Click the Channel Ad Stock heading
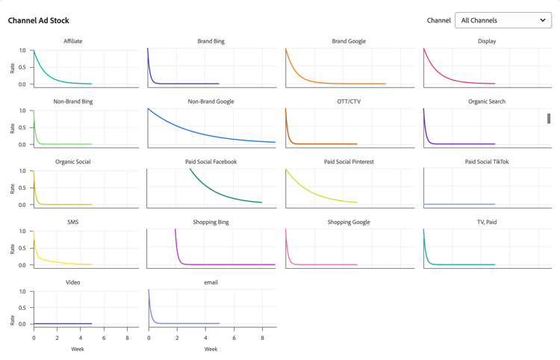tap(39, 20)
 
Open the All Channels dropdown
tap(503, 20)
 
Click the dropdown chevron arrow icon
tap(543, 20)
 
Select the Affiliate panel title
tap(73, 41)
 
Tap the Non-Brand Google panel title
tap(211, 102)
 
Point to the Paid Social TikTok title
tap(487, 161)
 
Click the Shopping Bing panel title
tap(211, 222)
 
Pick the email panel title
tap(211, 282)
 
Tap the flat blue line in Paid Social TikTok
tap(459, 204)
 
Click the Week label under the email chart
tap(211, 349)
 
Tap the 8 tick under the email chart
tap(262, 338)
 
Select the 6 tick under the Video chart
tap(105, 338)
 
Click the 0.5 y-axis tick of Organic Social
tap(22, 188)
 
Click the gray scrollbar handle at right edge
tap(549, 118)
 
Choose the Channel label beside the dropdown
tap(438, 20)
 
